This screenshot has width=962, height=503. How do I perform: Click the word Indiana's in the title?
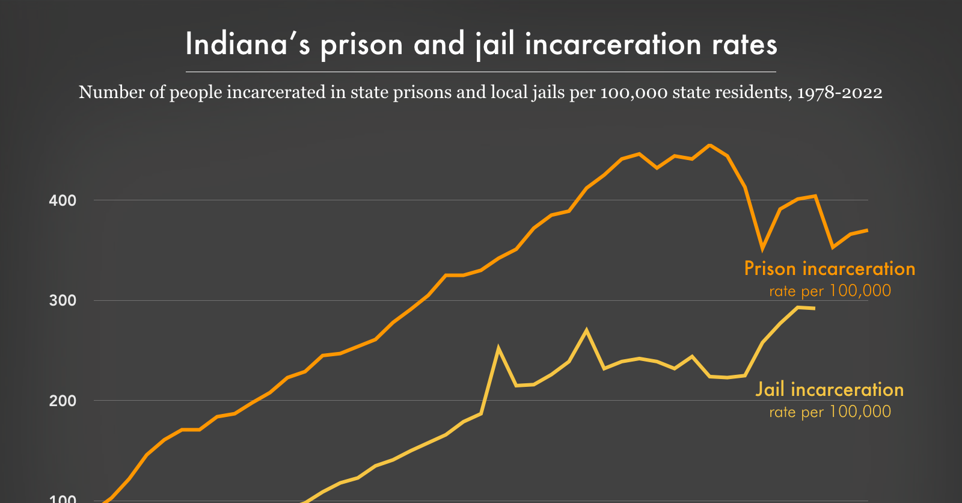point(247,45)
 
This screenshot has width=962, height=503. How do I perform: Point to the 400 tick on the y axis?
point(63,201)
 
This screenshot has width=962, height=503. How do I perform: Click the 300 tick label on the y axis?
point(63,301)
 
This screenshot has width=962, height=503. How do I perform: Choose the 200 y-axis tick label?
point(63,401)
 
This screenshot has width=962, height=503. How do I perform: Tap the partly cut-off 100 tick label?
point(63,499)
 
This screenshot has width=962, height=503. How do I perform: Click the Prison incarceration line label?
point(830,269)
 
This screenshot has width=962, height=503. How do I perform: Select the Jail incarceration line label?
point(830,390)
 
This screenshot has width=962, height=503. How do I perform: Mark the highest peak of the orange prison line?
point(710,145)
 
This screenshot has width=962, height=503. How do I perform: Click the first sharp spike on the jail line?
point(498,347)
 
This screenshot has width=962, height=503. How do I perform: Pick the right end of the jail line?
point(815,309)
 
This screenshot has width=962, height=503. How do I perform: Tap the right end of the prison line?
point(867,230)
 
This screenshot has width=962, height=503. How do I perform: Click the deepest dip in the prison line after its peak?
point(762,248)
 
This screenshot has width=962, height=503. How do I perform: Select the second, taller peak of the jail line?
point(586,330)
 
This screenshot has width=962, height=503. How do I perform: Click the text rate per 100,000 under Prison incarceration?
point(830,291)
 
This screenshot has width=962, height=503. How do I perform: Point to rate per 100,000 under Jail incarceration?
point(830,412)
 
